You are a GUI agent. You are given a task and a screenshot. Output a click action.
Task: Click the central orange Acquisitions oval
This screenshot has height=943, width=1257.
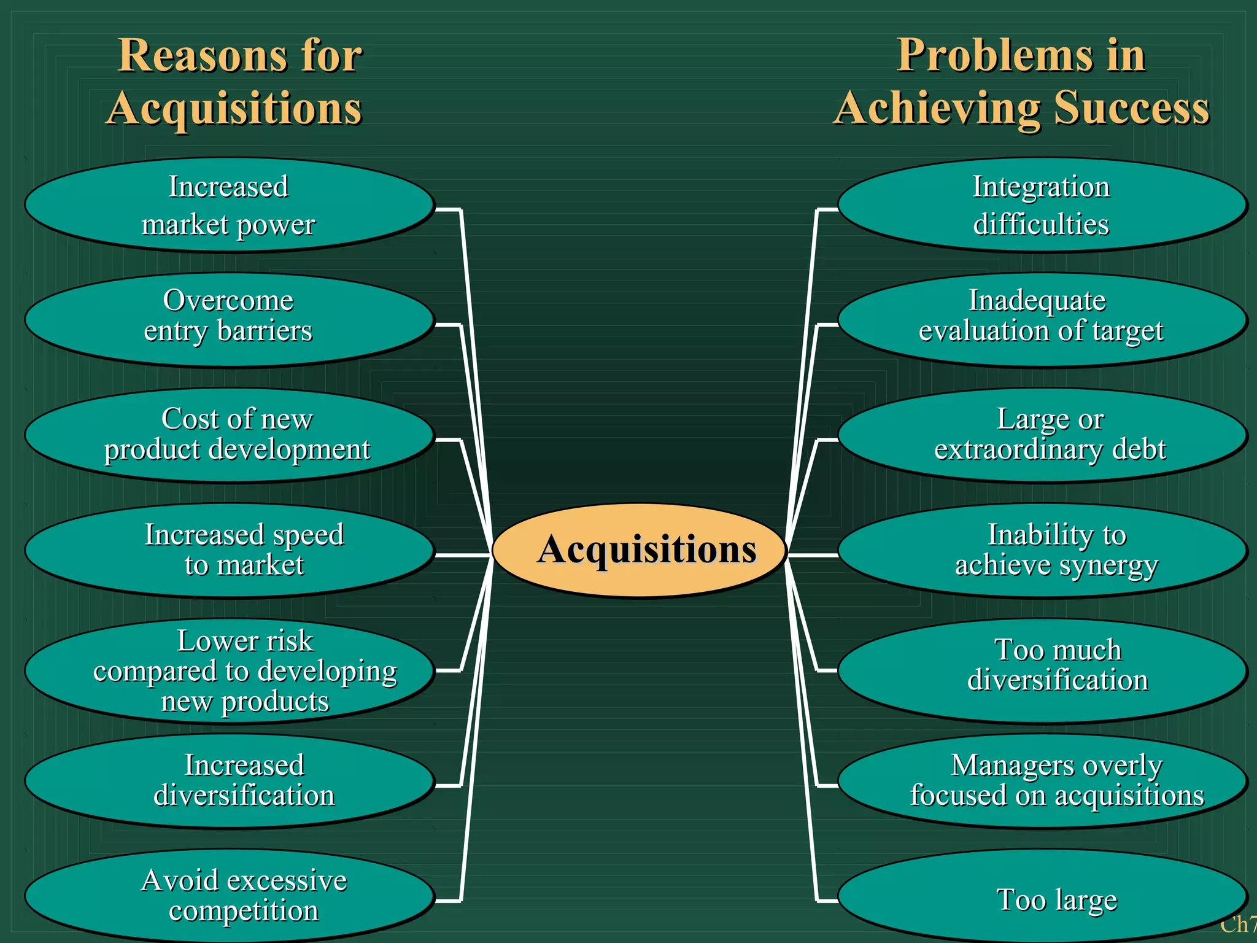click(x=640, y=550)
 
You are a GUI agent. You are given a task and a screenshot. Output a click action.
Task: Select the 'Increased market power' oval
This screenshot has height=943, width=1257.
click(x=229, y=205)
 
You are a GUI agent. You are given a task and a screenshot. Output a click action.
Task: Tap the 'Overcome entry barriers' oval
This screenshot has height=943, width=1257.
click(x=229, y=319)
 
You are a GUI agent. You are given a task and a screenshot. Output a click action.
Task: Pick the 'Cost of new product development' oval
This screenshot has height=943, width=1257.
click(x=229, y=435)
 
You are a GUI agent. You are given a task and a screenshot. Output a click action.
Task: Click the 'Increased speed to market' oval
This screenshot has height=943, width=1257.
click(x=229, y=550)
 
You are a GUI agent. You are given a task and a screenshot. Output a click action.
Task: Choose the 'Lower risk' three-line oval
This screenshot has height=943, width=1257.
click(x=229, y=670)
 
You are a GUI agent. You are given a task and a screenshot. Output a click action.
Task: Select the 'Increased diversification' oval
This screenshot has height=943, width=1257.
click(x=229, y=781)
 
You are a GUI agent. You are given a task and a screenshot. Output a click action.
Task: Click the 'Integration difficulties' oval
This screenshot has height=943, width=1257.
click(x=1042, y=205)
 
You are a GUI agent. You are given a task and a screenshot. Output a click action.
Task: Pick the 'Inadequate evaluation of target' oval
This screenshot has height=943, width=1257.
click(x=1042, y=319)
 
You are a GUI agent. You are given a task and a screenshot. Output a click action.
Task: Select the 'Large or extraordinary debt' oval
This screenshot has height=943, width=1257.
click(x=1042, y=435)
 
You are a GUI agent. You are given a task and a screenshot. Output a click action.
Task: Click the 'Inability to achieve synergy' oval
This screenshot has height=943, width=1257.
click(x=1042, y=550)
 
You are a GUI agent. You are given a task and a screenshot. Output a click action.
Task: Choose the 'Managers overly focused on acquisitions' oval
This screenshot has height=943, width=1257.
click(x=1042, y=781)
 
